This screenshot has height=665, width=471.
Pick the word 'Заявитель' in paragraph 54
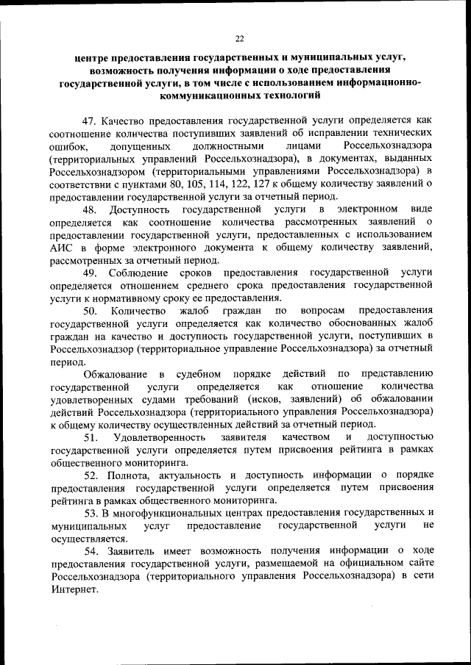click(x=132, y=550)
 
